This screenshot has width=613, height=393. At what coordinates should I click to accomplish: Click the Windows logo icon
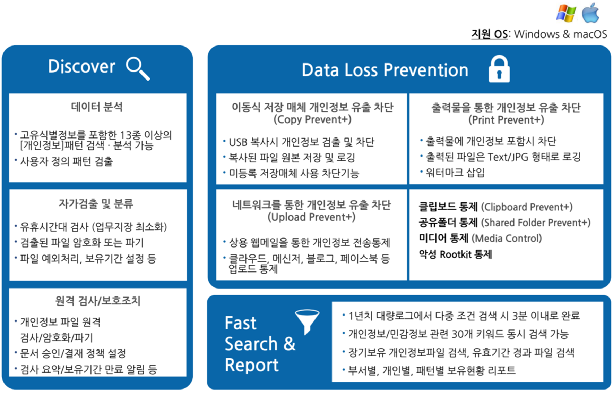[x=566, y=14]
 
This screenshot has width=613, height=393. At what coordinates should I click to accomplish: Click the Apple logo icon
[x=590, y=13]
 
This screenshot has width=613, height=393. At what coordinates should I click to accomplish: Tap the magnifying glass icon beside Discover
[x=138, y=69]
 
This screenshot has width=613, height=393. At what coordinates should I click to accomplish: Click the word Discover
[x=81, y=66]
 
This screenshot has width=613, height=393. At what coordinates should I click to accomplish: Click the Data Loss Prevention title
[x=385, y=70]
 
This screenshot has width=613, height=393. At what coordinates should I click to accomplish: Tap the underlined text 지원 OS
[x=489, y=34]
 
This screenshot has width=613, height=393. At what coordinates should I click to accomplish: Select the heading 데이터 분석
[x=97, y=107]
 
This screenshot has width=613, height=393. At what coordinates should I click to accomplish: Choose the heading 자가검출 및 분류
[x=96, y=203]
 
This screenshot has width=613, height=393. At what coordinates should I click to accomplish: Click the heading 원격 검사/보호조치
[x=98, y=301]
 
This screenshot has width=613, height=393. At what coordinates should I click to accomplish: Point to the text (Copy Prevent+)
[x=312, y=119]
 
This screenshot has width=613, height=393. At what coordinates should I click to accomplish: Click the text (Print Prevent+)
[x=506, y=120]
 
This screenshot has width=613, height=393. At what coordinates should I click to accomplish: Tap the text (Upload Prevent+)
[x=311, y=217]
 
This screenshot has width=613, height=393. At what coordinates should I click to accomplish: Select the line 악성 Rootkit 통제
[x=455, y=254]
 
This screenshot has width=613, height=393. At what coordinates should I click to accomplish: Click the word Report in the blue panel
[x=252, y=365]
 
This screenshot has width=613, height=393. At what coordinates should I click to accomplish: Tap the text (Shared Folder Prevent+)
[x=536, y=223]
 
